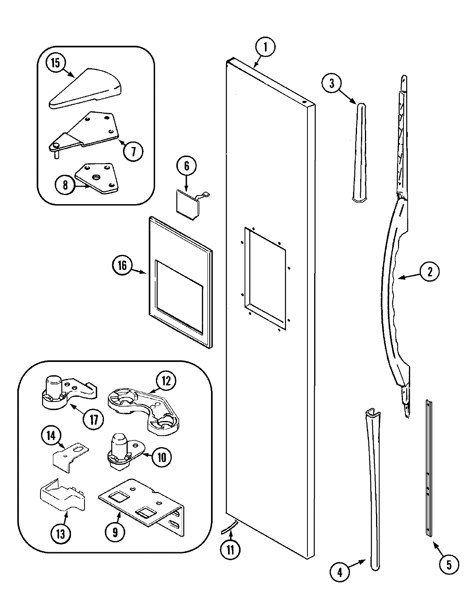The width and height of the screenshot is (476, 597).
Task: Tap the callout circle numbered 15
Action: [56, 63]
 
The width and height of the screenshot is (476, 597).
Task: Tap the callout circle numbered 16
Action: [122, 265]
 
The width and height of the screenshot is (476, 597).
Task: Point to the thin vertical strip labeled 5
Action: [428, 468]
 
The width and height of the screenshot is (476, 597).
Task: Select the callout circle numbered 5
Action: [449, 564]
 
